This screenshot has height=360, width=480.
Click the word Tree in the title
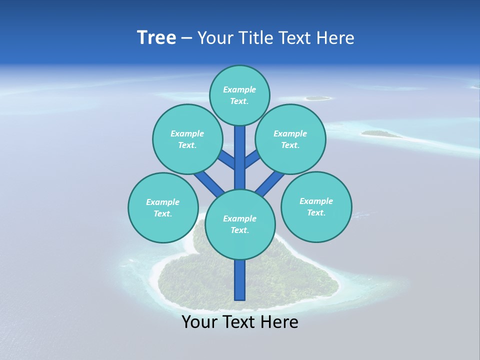tap(156, 38)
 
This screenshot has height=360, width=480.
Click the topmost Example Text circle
tap(239, 95)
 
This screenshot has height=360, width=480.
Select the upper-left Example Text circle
tap(187, 139)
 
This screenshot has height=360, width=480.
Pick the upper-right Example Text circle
tap(290, 139)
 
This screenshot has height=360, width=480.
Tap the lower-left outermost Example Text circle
tap(163, 207)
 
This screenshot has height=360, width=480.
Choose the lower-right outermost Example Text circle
tap(316, 206)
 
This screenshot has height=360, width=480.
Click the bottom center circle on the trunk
tap(240, 224)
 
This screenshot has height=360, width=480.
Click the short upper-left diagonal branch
tap(226, 159)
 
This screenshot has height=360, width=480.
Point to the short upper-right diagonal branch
tap(252, 159)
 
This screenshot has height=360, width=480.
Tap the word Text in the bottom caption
tap(241, 322)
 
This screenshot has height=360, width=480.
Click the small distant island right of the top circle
tap(317, 98)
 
